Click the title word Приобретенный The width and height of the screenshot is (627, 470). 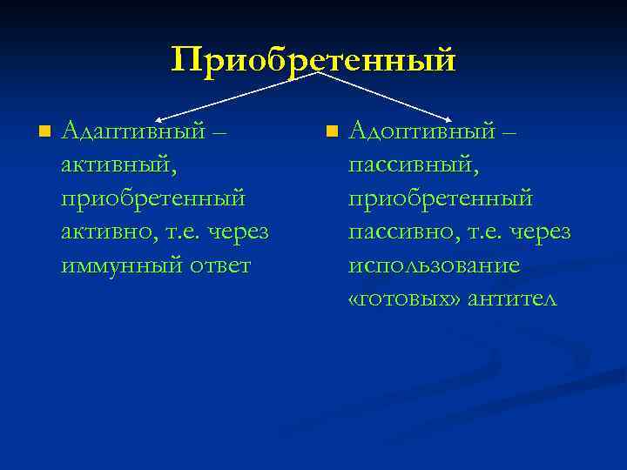click(x=313, y=60)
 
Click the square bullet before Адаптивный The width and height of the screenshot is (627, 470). click(x=44, y=132)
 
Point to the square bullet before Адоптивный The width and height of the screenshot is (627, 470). click(x=330, y=132)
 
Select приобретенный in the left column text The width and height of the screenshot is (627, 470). click(x=153, y=198)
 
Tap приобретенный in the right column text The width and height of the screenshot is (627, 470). click(x=440, y=198)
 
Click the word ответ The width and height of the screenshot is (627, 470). click(x=219, y=265)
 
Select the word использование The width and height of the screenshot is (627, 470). click(x=434, y=265)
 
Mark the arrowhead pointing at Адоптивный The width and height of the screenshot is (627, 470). click(x=448, y=116)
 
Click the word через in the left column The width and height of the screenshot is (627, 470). click(x=238, y=232)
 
